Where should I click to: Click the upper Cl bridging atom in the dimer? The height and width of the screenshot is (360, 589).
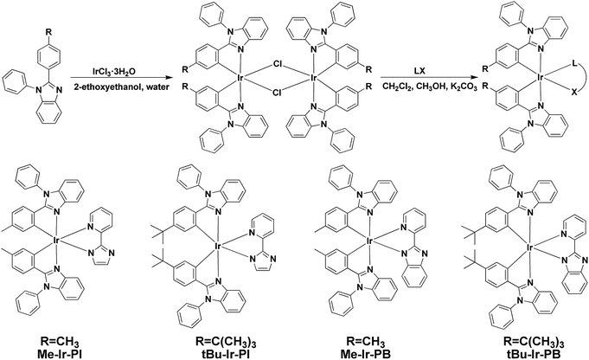point(278,65)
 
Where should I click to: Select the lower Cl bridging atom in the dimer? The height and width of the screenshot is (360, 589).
point(278,92)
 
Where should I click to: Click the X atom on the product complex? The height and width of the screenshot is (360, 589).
point(574,92)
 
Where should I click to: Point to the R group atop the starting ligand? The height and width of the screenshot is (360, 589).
point(48,31)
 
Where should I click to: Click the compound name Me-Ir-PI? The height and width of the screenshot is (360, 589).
point(60,353)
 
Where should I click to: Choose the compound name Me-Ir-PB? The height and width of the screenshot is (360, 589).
point(363,353)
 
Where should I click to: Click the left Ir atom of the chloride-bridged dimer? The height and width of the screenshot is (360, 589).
point(240,78)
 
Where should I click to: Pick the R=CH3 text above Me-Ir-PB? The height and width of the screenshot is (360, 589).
point(363,343)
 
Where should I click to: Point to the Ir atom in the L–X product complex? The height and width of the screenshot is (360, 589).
point(541,78)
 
